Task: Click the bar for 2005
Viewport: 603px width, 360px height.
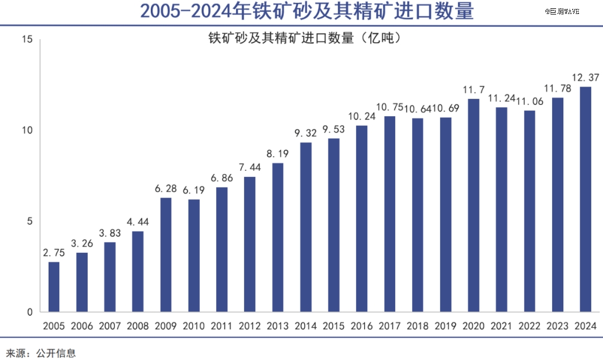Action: click(x=54, y=286)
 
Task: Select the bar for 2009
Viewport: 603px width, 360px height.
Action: click(x=166, y=255)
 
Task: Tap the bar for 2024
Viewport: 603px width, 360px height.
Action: click(x=585, y=199)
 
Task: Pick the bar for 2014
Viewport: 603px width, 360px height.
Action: click(x=305, y=227)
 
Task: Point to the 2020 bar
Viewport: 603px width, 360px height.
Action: click(x=473, y=205)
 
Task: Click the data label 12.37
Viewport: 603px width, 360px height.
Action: click(x=586, y=77)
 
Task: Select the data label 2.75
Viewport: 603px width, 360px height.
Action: click(x=54, y=252)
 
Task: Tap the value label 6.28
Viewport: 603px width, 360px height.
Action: click(x=166, y=188)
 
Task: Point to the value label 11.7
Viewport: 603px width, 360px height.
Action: click(x=473, y=89)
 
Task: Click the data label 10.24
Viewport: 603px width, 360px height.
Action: click(x=362, y=116)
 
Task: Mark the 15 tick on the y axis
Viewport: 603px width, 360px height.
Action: click(x=28, y=40)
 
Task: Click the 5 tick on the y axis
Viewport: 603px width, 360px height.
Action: click(x=31, y=222)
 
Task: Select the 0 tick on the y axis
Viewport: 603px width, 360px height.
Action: click(x=31, y=312)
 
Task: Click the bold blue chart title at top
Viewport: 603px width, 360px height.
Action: click(x=307, y=12)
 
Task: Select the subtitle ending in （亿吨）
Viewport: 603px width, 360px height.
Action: click(x=305, y=39)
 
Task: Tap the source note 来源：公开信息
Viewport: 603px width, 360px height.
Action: click(x=41, y=353)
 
